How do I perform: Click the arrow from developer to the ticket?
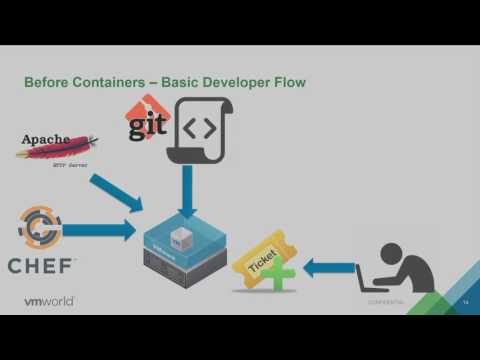tap(328, 267)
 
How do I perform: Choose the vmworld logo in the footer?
tap(49, 300)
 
